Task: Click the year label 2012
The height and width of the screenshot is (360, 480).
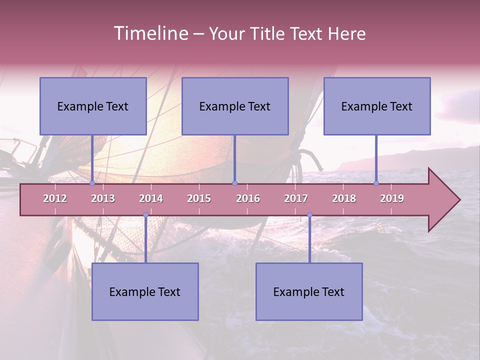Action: click(x=55, y=198)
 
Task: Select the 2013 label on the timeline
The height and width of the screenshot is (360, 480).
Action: click(x=103, y=198)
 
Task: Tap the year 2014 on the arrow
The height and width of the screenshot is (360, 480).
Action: click(x=151, y=198)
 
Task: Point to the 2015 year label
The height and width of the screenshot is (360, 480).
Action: click(x=199, y=198)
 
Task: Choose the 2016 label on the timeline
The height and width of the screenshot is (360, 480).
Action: click(x=248, y=198)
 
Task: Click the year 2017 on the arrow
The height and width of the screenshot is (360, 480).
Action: click(x=296, y=198)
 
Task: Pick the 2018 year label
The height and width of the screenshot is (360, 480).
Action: click(x=344, y=198)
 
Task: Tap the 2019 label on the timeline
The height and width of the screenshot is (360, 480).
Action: click(x=392, y=198)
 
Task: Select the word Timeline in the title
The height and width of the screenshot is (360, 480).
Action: click(x=150, y=33)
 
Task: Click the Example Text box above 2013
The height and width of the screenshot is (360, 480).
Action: click(x=93, y=106)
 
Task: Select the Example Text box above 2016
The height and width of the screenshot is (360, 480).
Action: click(x=235, y=106)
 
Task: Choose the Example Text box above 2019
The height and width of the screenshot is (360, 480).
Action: click(x=377, y=106)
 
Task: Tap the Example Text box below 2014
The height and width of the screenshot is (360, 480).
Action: click(x=145, y=291)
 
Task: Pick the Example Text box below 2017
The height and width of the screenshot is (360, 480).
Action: click(x=309, y=291)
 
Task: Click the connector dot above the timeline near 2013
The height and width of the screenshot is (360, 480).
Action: click(x=92, y=183)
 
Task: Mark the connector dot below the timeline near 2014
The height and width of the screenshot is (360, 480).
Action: click(x=145, y=215)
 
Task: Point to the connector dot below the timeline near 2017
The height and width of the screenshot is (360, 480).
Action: click(x=309, y=215)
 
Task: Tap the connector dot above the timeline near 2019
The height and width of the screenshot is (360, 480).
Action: click(x=376, y=183)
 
